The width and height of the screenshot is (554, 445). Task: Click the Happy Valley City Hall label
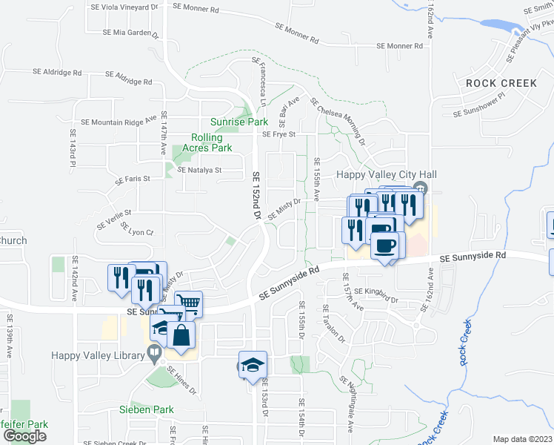point(376,174)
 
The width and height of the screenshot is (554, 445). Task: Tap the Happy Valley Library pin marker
point(155,356)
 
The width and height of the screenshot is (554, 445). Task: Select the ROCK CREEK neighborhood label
point(501,83)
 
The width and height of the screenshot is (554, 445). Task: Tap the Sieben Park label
point(146,409)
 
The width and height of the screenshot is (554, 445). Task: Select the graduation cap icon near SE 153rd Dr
point(253,365)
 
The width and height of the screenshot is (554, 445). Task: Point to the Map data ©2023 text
point(523,439)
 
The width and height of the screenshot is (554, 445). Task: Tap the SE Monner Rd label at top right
point(399,46)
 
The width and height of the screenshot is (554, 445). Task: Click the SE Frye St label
point(279,134)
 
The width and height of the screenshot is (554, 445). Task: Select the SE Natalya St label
point(199,170)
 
